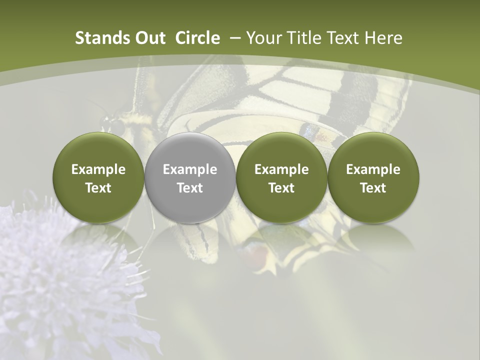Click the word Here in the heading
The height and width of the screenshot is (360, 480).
pos(384,38)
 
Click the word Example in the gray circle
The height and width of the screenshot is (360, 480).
pos(189,169)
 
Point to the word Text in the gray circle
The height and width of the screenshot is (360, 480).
pos(189,188)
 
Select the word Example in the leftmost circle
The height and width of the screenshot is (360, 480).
pos(98,169)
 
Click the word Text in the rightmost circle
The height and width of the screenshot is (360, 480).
pos(373,188)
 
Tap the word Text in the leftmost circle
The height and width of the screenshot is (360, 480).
pos(98,188)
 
